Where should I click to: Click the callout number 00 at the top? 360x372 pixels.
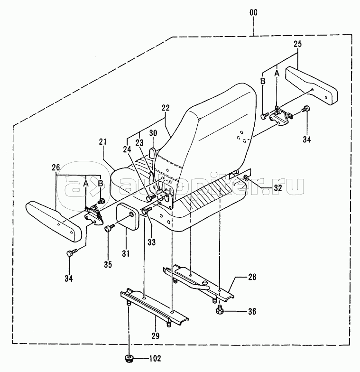[253, 12]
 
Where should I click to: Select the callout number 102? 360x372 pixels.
[155, 358]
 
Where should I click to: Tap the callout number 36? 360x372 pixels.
[252, 311]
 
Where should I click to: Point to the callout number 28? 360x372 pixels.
[252, 277]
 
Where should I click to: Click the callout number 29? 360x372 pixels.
[156, 336]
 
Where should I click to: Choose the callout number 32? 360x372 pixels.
[278, 188]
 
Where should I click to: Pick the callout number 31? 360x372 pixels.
[126, 253]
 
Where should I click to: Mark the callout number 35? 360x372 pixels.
[108, 265]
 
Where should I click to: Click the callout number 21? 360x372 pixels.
[102, 142]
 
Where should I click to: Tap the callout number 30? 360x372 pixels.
[153, 133]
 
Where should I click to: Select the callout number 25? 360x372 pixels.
[297, 44]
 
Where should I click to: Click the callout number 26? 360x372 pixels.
[56, 167]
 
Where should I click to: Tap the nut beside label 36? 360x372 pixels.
[219, 310]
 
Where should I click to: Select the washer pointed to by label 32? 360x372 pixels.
[246, 177]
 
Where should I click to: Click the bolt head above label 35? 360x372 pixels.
[109, 229]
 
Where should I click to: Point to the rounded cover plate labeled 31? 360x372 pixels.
[127, 216]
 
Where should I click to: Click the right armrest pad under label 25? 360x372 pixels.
[312, 85]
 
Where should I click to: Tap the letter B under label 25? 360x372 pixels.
[263, 81]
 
